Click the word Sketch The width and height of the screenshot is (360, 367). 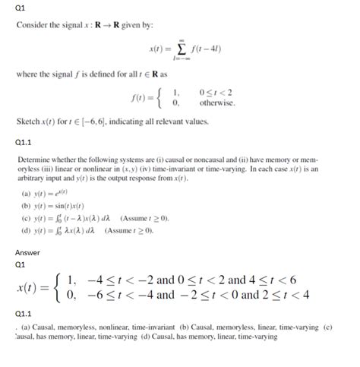[x=29, y=122]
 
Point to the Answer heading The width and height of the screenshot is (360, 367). [x=29, y=252]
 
